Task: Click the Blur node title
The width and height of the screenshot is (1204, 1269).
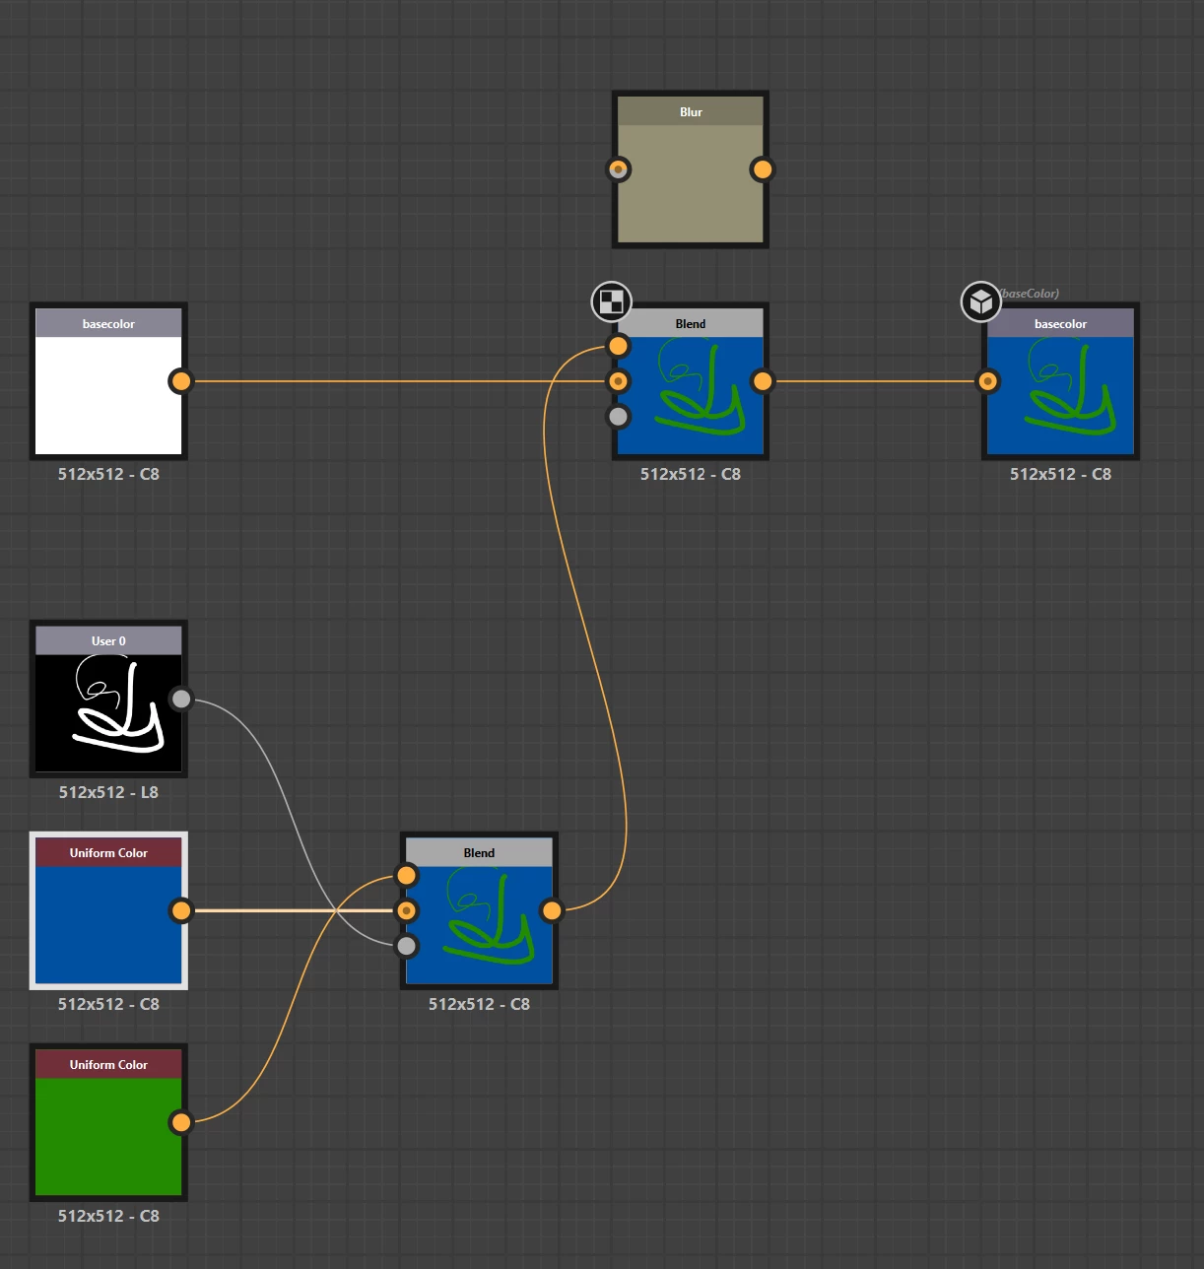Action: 691,112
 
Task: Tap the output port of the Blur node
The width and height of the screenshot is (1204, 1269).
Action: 762,169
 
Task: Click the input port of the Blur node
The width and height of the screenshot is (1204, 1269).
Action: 618,169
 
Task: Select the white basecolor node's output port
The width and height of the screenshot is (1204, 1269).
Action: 180,381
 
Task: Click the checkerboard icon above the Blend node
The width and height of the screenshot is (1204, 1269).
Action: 611,301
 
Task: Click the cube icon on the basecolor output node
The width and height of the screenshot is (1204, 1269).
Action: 980,301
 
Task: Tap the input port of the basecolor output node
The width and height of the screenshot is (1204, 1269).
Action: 988,381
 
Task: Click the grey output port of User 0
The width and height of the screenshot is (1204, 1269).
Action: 180,700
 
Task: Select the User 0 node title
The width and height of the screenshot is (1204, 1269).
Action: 108,641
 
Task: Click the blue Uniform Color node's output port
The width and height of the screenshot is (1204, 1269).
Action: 180,910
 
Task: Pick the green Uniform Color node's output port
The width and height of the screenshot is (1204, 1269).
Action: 180,1122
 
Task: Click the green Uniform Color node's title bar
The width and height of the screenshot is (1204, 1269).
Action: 108,1065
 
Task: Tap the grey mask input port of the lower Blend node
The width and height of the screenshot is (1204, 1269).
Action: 406,946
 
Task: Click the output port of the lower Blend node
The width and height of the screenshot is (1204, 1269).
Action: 552,910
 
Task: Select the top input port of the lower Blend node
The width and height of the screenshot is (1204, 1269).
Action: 406,875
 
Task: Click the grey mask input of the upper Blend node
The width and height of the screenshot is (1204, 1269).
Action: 618,417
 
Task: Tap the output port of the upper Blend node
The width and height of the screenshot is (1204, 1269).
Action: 762,381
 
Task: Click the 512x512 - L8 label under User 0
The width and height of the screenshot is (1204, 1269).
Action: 108,792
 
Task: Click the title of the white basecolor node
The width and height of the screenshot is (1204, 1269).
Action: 108,324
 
